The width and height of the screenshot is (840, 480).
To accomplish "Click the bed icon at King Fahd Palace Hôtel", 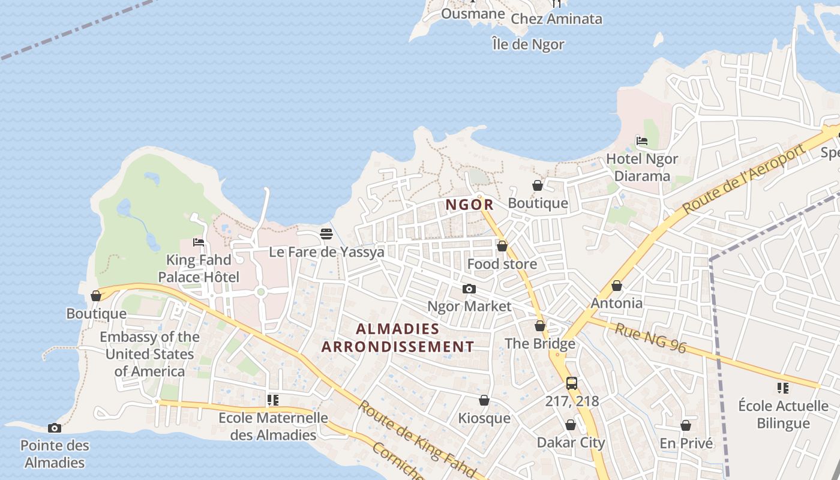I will [x=199, y=242].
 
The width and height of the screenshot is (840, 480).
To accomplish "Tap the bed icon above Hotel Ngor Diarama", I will [x=641, y=142].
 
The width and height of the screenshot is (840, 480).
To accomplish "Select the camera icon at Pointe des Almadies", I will [x=55, y=428].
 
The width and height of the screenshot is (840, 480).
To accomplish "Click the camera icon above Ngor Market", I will [x=469, y=289].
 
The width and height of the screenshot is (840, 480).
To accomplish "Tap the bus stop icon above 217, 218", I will [x=571, y=383].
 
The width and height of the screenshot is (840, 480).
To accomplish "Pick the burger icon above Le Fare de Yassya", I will [x=326, y=234].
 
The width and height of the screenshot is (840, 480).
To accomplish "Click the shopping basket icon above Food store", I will [x=502, y=246].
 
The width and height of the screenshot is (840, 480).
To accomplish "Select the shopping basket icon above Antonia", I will [x=616, y=286].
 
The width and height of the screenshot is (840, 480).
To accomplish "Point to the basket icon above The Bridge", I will [x=540, y=326].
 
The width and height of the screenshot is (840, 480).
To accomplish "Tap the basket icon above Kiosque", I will [x=484, y=400].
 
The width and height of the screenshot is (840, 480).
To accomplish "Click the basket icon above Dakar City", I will [x=571, y=425].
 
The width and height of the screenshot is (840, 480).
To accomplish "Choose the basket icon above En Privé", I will [x=686, y=425].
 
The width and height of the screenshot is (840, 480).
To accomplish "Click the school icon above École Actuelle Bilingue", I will [x=782, y=388].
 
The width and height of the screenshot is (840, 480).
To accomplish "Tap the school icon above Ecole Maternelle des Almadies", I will [x=273, y=400].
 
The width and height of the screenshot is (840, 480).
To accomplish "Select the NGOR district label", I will [x=469, y=205].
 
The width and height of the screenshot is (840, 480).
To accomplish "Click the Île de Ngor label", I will [x=528, y=44].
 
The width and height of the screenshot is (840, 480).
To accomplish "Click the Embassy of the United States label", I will [x=149, y=354].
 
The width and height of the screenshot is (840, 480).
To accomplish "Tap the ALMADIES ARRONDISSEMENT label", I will [x=398, y=338].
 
